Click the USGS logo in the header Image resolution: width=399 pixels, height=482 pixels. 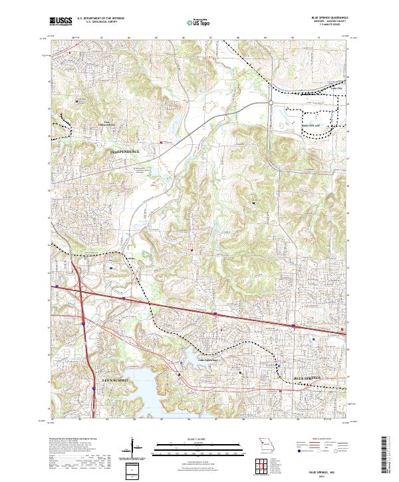[x=61, y=22]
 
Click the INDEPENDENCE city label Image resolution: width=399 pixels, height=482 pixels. [x=125, y=152]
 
